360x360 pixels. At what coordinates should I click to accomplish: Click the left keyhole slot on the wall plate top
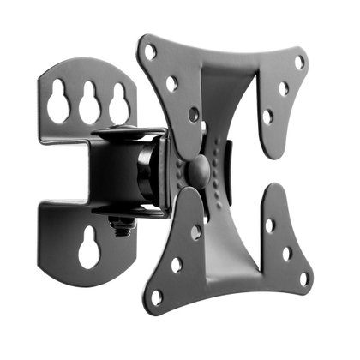(x=58, y=104)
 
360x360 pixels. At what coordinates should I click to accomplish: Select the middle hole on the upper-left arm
(x=172, y=83)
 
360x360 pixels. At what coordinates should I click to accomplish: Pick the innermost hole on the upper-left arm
(x=194, y=114)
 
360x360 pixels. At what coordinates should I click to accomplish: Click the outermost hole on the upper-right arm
(x=299, y=62)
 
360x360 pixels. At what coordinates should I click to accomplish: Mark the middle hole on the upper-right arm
(x=284, y=88)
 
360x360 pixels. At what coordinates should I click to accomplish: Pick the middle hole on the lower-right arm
(x=287, y=254)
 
